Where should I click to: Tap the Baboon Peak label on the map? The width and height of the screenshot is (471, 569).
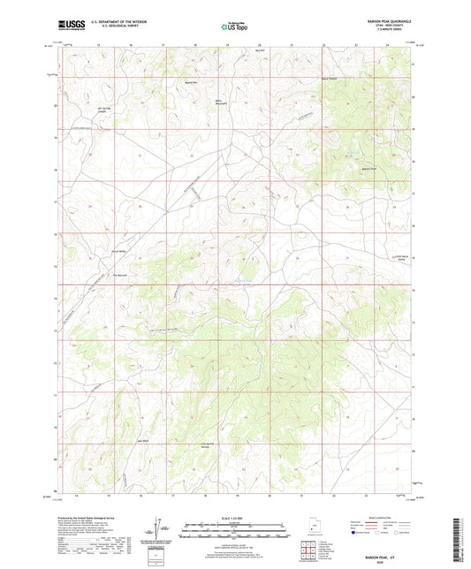368,167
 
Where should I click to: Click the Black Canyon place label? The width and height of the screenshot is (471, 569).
330,80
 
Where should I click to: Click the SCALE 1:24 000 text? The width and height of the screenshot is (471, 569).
234,517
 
